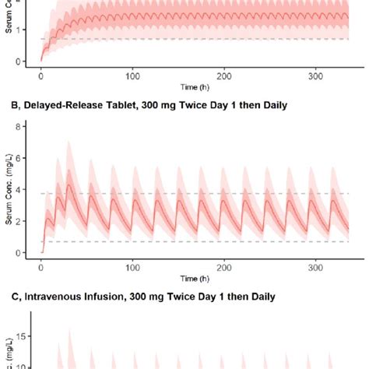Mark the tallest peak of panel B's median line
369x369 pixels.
(x=70, y=184)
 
